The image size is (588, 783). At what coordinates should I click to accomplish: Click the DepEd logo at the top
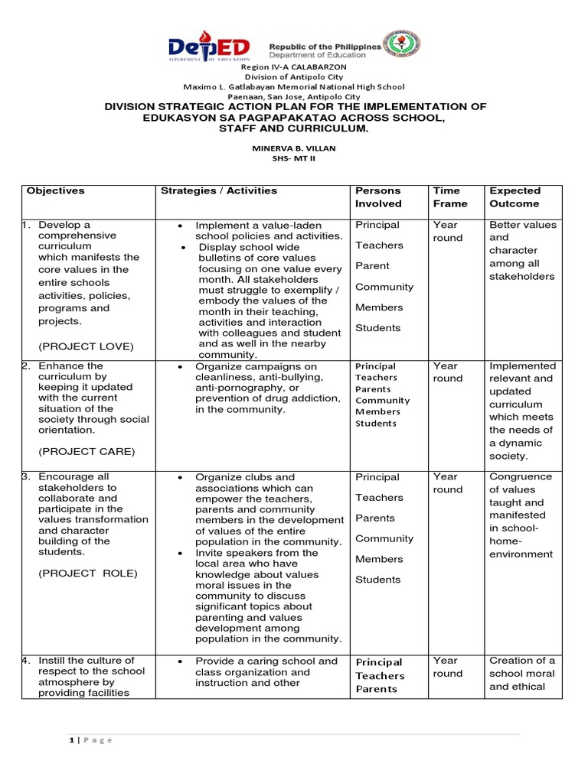point(209,47)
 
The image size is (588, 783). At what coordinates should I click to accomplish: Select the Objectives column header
point(56,191)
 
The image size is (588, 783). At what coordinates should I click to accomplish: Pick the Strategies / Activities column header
point(219,191)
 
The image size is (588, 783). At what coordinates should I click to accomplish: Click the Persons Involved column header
point(378,197)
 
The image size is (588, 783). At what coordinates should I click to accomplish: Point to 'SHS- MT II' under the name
point(295,158)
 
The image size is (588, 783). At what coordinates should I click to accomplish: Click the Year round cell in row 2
point(448,372)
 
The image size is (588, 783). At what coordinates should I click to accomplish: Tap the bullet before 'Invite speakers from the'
point(178,553)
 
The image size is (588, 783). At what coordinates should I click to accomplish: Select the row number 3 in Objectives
point(24,477)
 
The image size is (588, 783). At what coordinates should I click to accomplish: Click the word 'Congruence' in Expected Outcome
point(521,476)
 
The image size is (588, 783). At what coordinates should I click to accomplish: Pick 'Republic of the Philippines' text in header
point(325,47)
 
